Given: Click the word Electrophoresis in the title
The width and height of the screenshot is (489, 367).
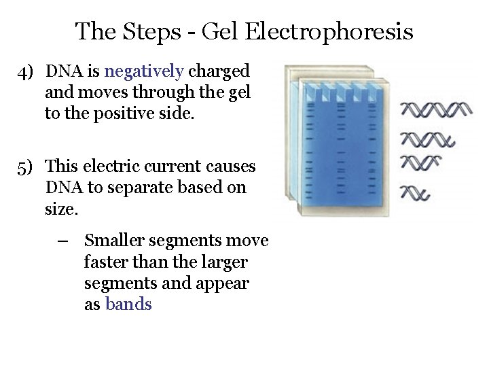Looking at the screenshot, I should pyautogui.click(x=328, y=31).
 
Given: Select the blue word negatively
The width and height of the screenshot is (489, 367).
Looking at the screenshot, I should pyautogui.click(x=145, y=71).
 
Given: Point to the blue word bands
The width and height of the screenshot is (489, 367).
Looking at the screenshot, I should pyautogui.click(x=128, y=304).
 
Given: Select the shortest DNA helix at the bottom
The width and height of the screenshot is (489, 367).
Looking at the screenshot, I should pyautogui.click(x=415, y=194).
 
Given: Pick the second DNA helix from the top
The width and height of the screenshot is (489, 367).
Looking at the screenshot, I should pyautogui.click(x=427, y=139).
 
